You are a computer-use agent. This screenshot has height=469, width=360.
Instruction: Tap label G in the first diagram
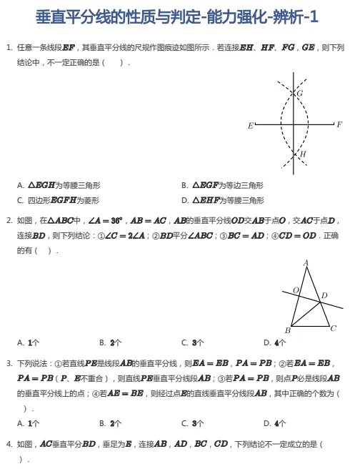tap(299, 93)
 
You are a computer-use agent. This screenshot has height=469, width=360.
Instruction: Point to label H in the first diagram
tap(303, 154)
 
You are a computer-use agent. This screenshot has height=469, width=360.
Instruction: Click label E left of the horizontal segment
tap(250, 126)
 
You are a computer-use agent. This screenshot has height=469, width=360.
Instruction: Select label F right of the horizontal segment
tap(339, 124)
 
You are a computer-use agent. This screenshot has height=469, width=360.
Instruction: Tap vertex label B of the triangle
tap(287, 330)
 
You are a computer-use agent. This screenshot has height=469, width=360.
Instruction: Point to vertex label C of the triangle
tap(333, 328)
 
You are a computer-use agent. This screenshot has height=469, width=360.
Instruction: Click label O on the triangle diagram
tap(295, 290)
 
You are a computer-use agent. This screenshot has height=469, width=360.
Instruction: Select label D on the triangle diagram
tap(324, 295)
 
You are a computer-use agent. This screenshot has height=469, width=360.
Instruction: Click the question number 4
tap(9, 444)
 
